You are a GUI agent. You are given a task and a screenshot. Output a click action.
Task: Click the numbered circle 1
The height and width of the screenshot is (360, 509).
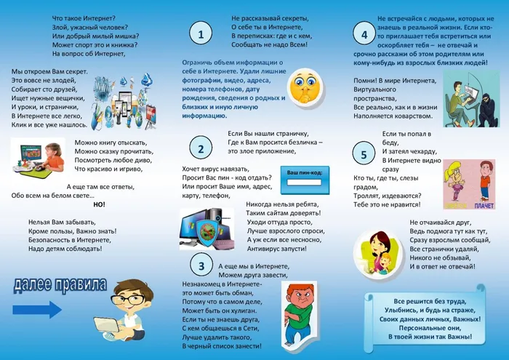click(200, 33)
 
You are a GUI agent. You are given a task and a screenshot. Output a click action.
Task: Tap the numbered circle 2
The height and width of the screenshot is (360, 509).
click(200, 148)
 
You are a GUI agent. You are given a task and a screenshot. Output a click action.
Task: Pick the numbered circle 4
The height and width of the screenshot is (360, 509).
click(364, 34)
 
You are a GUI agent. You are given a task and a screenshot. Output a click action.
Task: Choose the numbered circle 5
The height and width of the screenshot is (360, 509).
click(364, 153)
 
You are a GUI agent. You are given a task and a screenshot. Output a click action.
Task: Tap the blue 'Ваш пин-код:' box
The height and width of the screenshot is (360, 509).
click(305, 177)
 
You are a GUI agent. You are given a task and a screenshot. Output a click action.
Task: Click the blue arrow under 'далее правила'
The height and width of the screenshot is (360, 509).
click(37, 310)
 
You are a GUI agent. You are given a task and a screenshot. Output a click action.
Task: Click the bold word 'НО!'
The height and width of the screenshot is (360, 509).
click(100, 204)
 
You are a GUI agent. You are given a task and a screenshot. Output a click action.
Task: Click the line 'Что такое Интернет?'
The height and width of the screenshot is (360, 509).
click(84, 17)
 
